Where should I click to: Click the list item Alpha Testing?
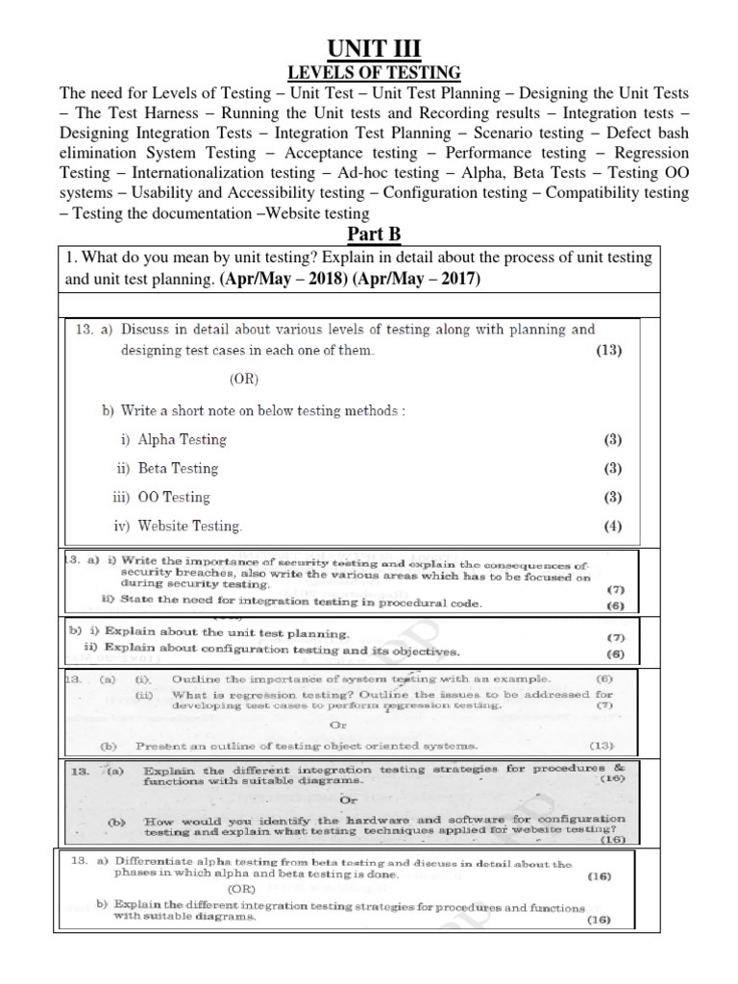click(x=183, y=440)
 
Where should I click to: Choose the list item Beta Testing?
click(x=179, y=469)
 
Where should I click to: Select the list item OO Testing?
click(x=174, y=498)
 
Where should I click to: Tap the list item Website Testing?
click(x=190, y=527)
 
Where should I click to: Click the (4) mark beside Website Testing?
click(x=612, y=527)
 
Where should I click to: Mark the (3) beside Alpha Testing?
click(x=612, y=440)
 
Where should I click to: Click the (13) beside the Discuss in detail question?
click(x=608, y=351)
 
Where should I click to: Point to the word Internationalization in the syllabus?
click(x=208, y=173)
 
